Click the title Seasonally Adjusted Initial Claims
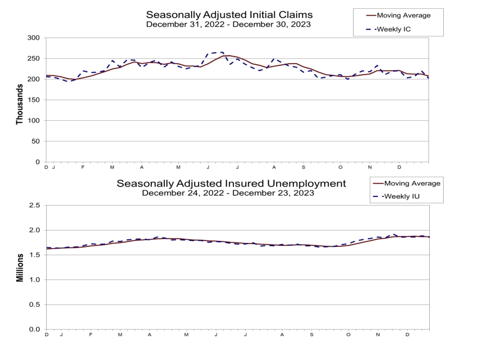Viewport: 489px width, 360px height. coord(229,14)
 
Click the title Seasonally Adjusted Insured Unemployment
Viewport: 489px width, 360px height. coord(231,183)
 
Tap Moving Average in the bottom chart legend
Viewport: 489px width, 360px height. coord(407,183)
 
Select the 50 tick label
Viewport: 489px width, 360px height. coord(35,141)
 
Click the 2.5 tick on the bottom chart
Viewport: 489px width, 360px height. coord(34,206)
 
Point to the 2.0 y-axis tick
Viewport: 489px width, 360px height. coord(34,231)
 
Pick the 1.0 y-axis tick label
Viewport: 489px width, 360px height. coord(34,280)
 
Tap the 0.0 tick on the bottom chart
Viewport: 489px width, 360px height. coord(34,330)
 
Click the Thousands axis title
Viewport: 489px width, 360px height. coord(20,100)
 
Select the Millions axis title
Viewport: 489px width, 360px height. coord(20,267)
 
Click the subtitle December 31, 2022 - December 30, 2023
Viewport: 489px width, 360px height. coord(229,25)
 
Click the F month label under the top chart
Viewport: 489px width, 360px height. coord(83,167)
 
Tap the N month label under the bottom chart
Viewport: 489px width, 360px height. coord(378,335)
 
